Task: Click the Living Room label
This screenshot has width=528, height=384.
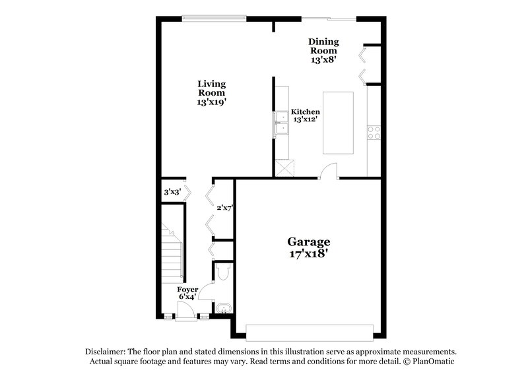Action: point(212,88)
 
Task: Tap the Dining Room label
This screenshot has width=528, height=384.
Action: point(323,46)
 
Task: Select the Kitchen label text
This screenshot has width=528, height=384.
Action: point(306,112)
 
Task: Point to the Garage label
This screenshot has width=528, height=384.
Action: point(308,241)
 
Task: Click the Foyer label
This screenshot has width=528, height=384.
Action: point(187,290)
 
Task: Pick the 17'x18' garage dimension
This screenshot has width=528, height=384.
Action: point(308,253)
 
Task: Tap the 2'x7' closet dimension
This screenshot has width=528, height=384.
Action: point(225,208)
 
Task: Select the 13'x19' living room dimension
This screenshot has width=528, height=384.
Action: point(212,102)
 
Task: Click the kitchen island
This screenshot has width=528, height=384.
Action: point(337,123)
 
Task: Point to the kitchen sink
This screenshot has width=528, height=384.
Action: point(282,122)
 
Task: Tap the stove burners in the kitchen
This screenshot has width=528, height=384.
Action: point(375,132)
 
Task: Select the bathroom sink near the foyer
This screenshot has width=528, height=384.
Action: point(223,307)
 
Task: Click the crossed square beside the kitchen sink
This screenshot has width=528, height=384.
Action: point(284,168)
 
